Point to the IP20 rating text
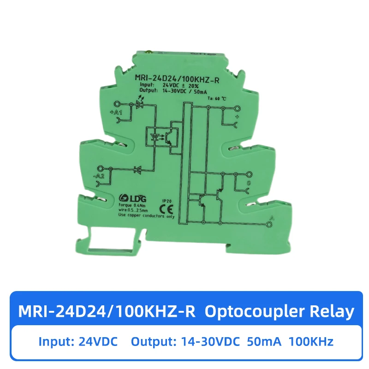point(167,201)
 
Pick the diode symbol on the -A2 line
point(137,170)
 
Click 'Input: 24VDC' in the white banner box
point(78,342)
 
